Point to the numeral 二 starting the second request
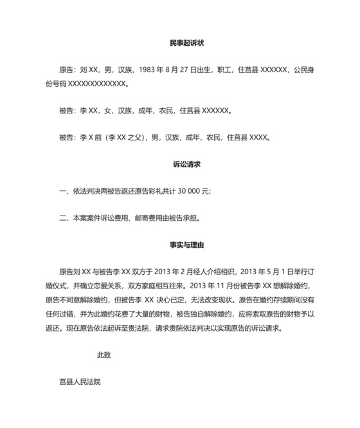[x=62, y=218]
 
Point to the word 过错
[x=76, y=313]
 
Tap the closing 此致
[x=104, y=354]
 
